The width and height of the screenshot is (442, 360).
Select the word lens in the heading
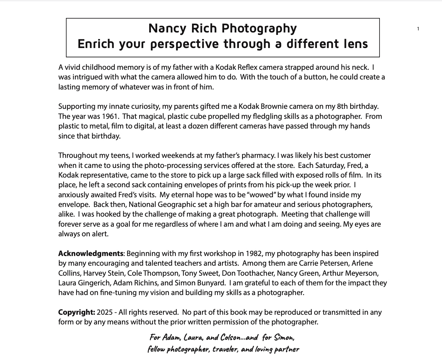tap(356, 44)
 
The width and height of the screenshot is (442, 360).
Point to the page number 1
tap(418, 29)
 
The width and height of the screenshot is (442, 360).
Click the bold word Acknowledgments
tap(90, 254)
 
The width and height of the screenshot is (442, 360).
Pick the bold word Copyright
tap(76, 312)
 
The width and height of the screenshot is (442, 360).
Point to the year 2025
tap(105, 312)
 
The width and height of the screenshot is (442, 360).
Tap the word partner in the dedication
tap(286, 349)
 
